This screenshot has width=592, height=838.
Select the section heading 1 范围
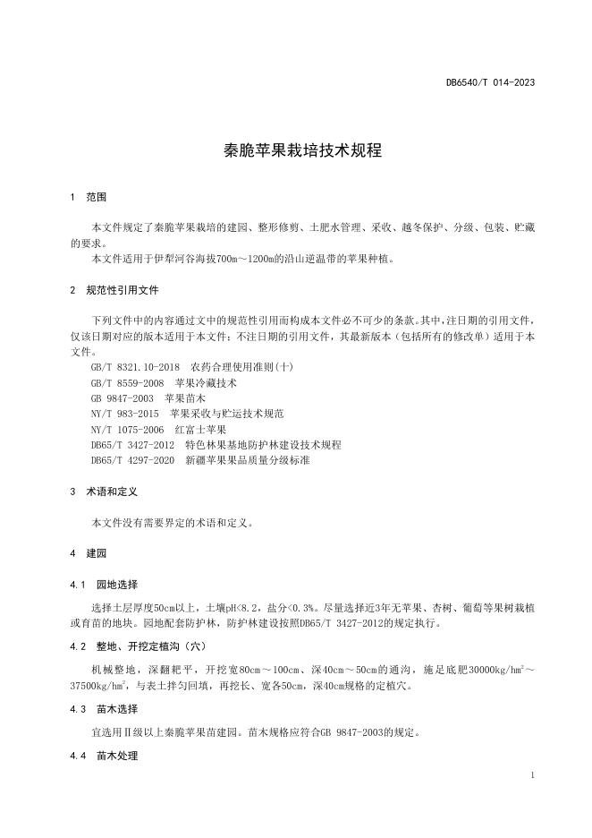point(89,197)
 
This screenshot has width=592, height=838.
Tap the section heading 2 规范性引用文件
point(115,290)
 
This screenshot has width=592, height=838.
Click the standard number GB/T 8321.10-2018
point(136,367)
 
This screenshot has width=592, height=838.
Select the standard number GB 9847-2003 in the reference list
point(123,398)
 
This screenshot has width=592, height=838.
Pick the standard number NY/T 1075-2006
point(128,429)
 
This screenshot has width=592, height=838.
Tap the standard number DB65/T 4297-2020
point(132,460)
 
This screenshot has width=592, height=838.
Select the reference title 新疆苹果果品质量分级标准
point(248,460)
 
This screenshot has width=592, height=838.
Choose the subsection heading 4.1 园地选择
point(104,585)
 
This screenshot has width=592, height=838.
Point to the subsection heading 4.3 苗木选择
point(104,708)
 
